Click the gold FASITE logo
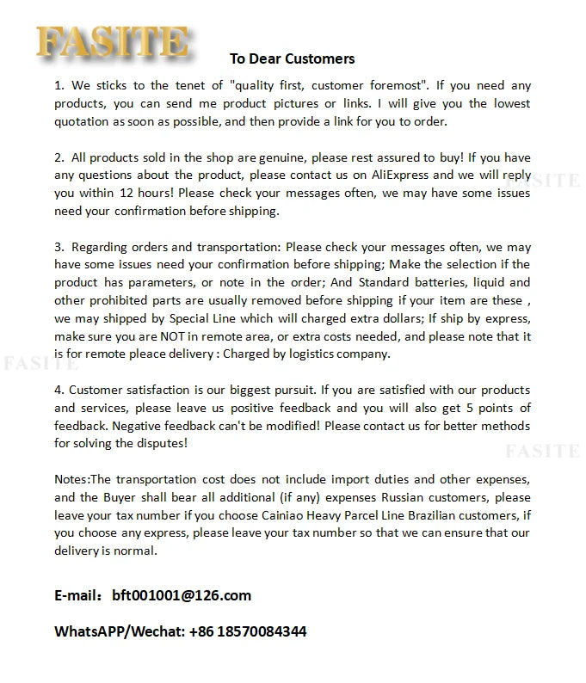[x=113, y=42]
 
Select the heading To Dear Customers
[x=292, y=58]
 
